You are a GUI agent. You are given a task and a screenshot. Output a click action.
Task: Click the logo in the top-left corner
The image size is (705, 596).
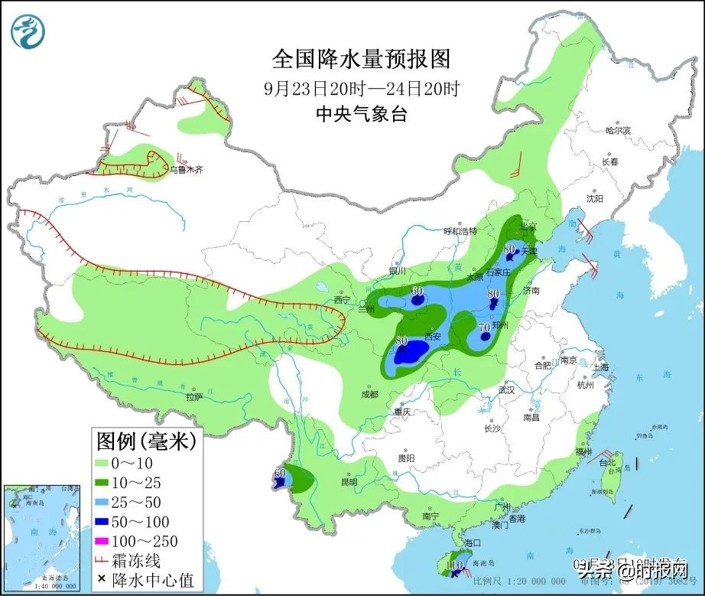28,30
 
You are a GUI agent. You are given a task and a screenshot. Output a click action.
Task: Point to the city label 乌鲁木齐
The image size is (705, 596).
187,170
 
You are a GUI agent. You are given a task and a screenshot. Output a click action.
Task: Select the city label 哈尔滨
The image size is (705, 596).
617,131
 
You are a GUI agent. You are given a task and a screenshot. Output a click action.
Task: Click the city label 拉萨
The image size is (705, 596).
194,397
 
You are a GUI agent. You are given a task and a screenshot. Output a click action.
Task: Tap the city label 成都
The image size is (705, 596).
369,394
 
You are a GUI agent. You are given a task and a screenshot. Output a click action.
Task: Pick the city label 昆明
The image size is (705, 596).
349,482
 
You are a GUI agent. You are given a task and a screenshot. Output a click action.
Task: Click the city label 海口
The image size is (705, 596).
472,542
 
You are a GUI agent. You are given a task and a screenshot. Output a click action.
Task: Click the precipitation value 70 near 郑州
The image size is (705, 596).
484,327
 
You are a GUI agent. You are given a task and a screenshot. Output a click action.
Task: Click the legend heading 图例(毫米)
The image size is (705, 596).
146,441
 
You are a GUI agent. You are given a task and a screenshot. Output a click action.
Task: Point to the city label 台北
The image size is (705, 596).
606,463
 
